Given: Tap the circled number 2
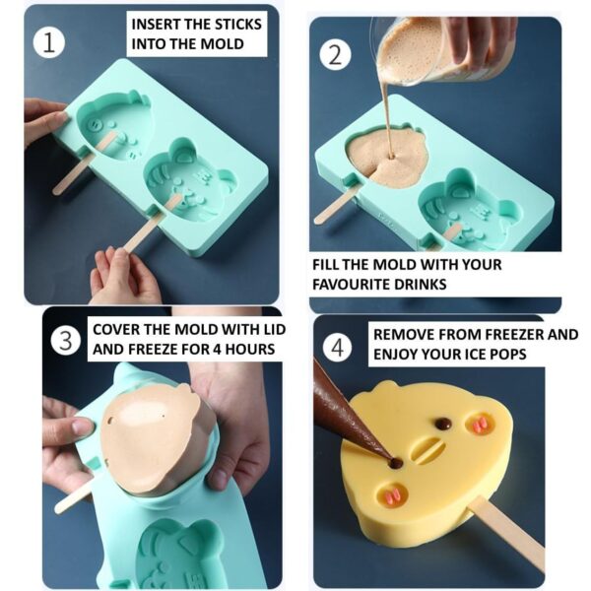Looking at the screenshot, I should coord(336,53).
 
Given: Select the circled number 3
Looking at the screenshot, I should coord(65,341).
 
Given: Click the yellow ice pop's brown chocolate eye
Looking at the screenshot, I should coord(443,424).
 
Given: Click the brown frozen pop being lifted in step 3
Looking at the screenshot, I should coord(158,438).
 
